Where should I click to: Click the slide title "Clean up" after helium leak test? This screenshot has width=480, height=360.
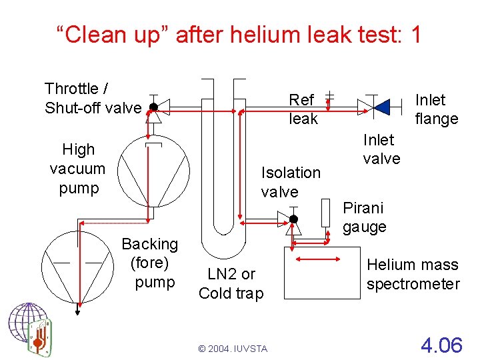(239, 34)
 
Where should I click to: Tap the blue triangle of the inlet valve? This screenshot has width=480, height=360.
(381, 106)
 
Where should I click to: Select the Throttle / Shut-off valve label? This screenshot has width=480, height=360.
(93, 98)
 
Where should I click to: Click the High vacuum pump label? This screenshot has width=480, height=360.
(78, 169)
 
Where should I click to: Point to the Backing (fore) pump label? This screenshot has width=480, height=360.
(150, 263)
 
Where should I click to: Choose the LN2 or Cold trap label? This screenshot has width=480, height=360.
(231, 283)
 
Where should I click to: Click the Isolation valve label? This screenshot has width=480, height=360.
(291, 182)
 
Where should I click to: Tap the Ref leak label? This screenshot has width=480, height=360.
(303, 109)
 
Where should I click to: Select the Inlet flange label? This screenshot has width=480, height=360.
(436, 109)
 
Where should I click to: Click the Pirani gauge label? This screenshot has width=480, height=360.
(365, 217)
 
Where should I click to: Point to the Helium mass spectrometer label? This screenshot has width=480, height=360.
(413, 274)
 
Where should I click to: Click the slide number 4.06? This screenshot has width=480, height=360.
(441, 345)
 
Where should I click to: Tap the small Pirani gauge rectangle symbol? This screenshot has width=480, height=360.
(326, 212)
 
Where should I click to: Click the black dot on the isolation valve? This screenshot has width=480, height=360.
(293, 219)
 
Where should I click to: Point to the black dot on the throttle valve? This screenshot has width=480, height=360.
(153, 107)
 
